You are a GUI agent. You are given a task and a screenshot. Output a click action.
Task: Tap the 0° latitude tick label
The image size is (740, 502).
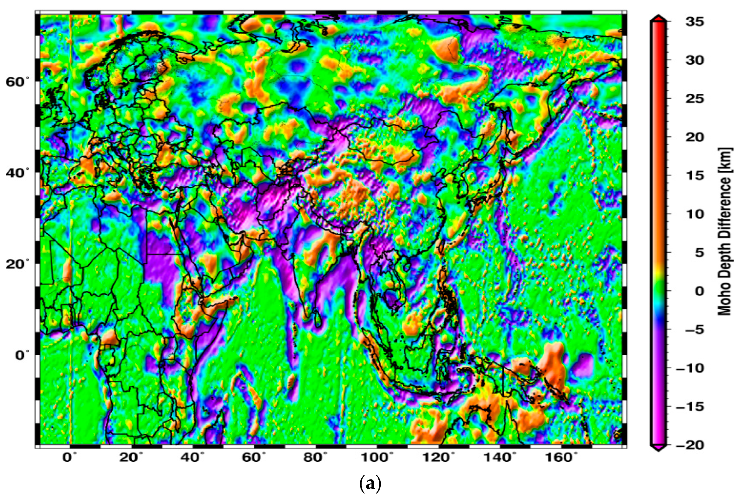pos(23,355)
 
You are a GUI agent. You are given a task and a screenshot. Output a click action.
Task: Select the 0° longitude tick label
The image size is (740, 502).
pos(70,458)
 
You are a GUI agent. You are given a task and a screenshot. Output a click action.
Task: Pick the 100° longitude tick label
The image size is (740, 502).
pos(377,458)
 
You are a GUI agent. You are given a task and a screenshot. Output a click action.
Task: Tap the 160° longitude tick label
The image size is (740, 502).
pos(561,458)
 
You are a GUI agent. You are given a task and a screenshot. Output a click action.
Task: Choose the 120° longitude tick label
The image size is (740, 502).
pos(438,458)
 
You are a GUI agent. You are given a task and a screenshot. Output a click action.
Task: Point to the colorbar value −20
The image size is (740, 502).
pos(690,445)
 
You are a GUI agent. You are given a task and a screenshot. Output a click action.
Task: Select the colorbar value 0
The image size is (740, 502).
pos(699,291)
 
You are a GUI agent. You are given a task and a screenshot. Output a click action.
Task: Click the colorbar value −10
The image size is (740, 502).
pos(690,368)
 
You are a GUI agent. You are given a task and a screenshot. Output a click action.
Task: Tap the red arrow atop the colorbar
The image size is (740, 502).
pos(658,18)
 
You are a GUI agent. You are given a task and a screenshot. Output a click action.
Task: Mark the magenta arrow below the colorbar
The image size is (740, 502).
pos(658,448)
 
